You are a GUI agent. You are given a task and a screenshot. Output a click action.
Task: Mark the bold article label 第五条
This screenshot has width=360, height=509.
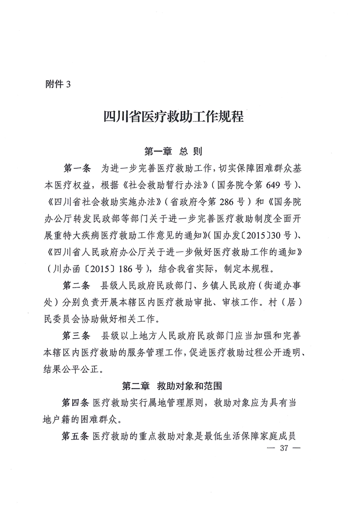[x=75, y=436]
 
